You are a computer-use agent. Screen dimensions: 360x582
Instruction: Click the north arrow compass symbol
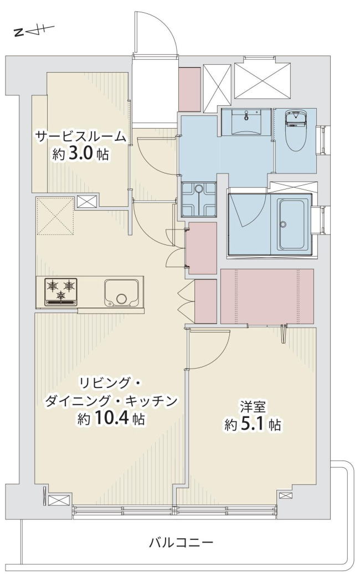point(34,31)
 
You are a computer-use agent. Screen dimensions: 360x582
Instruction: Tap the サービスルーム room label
point(80,137)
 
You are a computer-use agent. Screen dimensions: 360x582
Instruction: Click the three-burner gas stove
point(61,292)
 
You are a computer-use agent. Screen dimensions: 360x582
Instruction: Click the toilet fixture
point(296,131)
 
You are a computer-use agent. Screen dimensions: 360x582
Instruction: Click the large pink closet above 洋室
point(267,296)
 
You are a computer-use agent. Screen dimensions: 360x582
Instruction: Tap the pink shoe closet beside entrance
point(190,89)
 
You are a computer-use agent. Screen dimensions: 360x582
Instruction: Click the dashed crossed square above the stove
point(55,216)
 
